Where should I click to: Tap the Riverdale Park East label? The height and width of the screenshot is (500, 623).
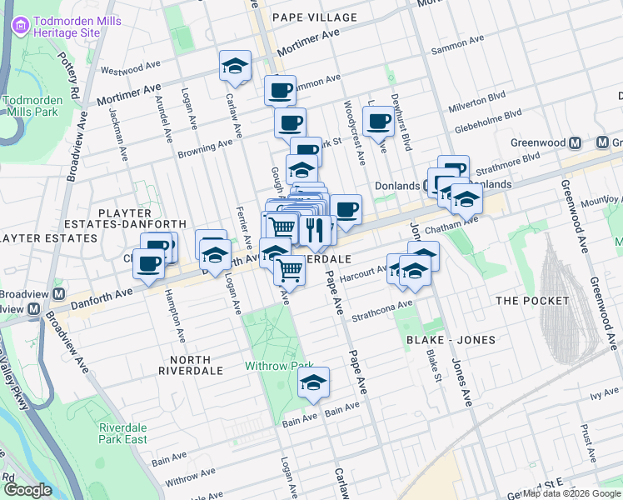[x=122, y=433]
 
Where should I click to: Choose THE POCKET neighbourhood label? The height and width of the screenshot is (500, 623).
[x=531, y=300]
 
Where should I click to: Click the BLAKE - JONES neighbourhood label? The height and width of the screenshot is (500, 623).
[x=451, y=339]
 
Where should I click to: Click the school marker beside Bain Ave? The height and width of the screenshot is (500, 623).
[x=314, y=382]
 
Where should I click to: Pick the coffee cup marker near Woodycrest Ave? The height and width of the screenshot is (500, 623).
[x=378, y=121]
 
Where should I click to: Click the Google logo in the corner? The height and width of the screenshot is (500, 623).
[x=27, y=490]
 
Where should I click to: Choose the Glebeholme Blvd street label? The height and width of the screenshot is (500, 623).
[x=488, y=122]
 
